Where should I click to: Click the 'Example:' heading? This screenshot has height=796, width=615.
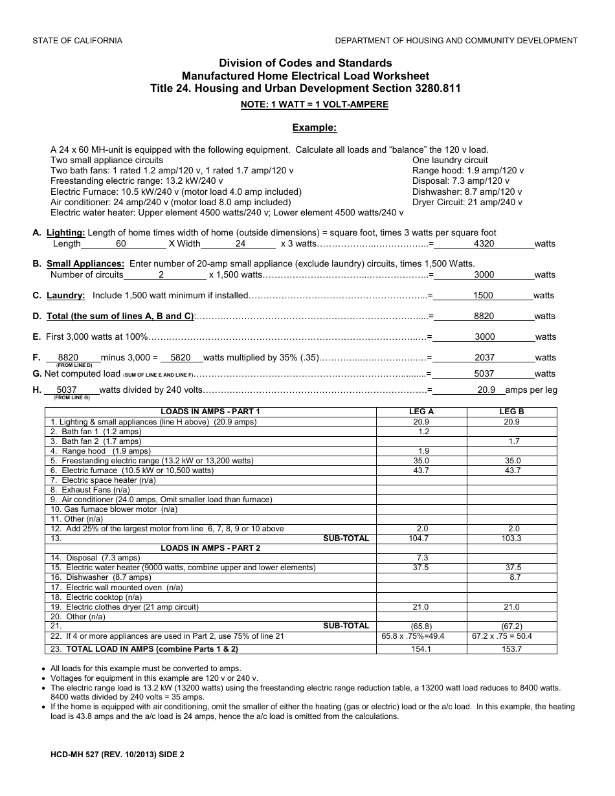(314, 127)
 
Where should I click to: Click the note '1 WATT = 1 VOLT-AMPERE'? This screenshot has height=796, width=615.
(314, 104)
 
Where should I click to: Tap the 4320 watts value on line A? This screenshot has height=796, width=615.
(484, 244)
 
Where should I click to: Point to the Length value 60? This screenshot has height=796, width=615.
(121, 244)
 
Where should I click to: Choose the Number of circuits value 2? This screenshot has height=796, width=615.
(161, 274)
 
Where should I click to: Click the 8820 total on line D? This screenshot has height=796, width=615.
(484, 316)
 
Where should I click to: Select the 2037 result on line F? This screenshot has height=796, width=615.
(484, 357)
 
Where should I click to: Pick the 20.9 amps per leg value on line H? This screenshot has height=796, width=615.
(486, 390)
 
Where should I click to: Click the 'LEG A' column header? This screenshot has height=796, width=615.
(421, 412)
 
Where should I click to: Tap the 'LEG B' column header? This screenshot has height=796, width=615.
(511, 412)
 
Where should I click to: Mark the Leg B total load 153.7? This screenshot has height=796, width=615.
(511, 649)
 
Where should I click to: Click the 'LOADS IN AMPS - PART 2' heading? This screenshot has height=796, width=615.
(210, 548)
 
